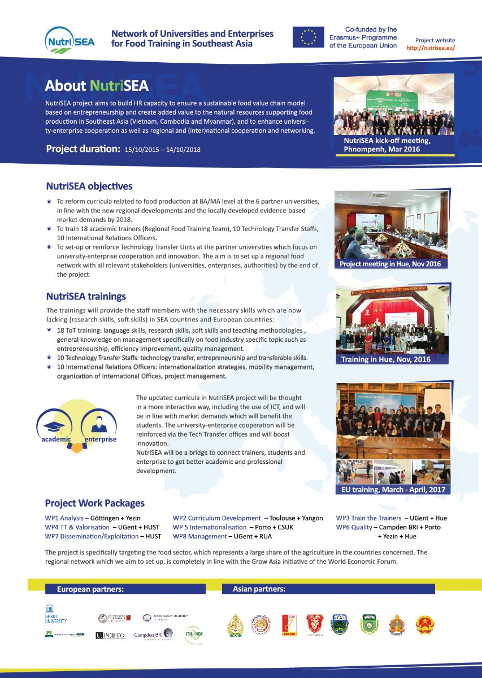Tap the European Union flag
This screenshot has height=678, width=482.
coord(307,37)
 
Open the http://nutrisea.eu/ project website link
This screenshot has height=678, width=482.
coord(431,48)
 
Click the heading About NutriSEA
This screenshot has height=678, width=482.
coord(97,86)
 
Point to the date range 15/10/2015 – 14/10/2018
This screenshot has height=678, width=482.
coord(163,150)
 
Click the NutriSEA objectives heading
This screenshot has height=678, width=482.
coord(89,186)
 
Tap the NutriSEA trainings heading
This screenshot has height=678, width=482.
coord(86,296)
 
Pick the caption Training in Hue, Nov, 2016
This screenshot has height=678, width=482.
coord(386,359)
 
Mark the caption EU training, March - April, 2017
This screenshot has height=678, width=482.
coord(394,489)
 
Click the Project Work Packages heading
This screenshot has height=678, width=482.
coord(95,503)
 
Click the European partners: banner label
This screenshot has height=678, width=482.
coord(90,589)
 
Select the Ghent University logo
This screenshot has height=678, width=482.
coord(55,614)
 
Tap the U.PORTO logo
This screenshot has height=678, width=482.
coord(110,636)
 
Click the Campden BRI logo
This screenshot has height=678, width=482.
coord(153,636)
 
